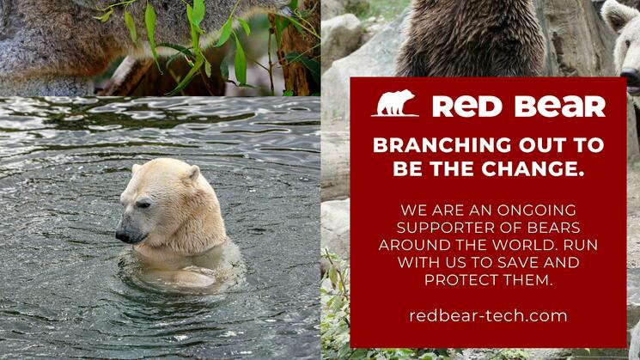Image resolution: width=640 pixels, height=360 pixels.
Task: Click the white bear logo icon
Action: pos(395,103)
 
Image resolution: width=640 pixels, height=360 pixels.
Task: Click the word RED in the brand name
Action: pos(467,107)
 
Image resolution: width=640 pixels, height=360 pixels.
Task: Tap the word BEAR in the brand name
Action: pos(560,107)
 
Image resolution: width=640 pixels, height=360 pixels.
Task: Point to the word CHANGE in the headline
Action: pos(533,168)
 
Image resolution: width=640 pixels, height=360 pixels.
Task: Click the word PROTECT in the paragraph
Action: pos(462,279)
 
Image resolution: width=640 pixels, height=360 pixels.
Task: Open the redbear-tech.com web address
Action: pos(488,316)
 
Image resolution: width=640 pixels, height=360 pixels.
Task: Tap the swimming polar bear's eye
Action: pos(143,204)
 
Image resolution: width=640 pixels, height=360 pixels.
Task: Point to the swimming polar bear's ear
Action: pos(192,174)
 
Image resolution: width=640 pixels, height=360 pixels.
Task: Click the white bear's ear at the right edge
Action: pos(615,13)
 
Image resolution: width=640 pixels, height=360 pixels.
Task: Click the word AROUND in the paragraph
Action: pos(410,245)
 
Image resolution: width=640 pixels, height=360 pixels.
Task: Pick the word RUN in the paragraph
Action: pos(581,245)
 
